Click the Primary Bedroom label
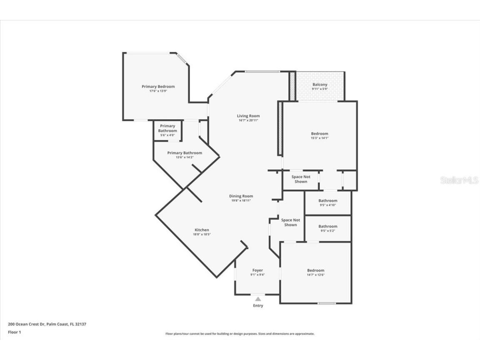[158, 87]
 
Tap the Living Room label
[248, 116]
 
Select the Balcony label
[320, 85]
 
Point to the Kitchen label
[202, 230]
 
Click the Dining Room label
[241, 196]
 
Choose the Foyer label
[257, 270]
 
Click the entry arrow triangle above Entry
[258, 299]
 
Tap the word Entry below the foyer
[258, 306]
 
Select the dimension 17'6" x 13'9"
[158, 91]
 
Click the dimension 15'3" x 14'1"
[320, 138]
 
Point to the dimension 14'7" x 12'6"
[315, 275]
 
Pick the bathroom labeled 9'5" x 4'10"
[328, 202]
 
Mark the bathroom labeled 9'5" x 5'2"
[328, 228]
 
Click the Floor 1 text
[14, 332]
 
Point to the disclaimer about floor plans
[240, 334]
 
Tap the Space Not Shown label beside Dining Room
[290, 222]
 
